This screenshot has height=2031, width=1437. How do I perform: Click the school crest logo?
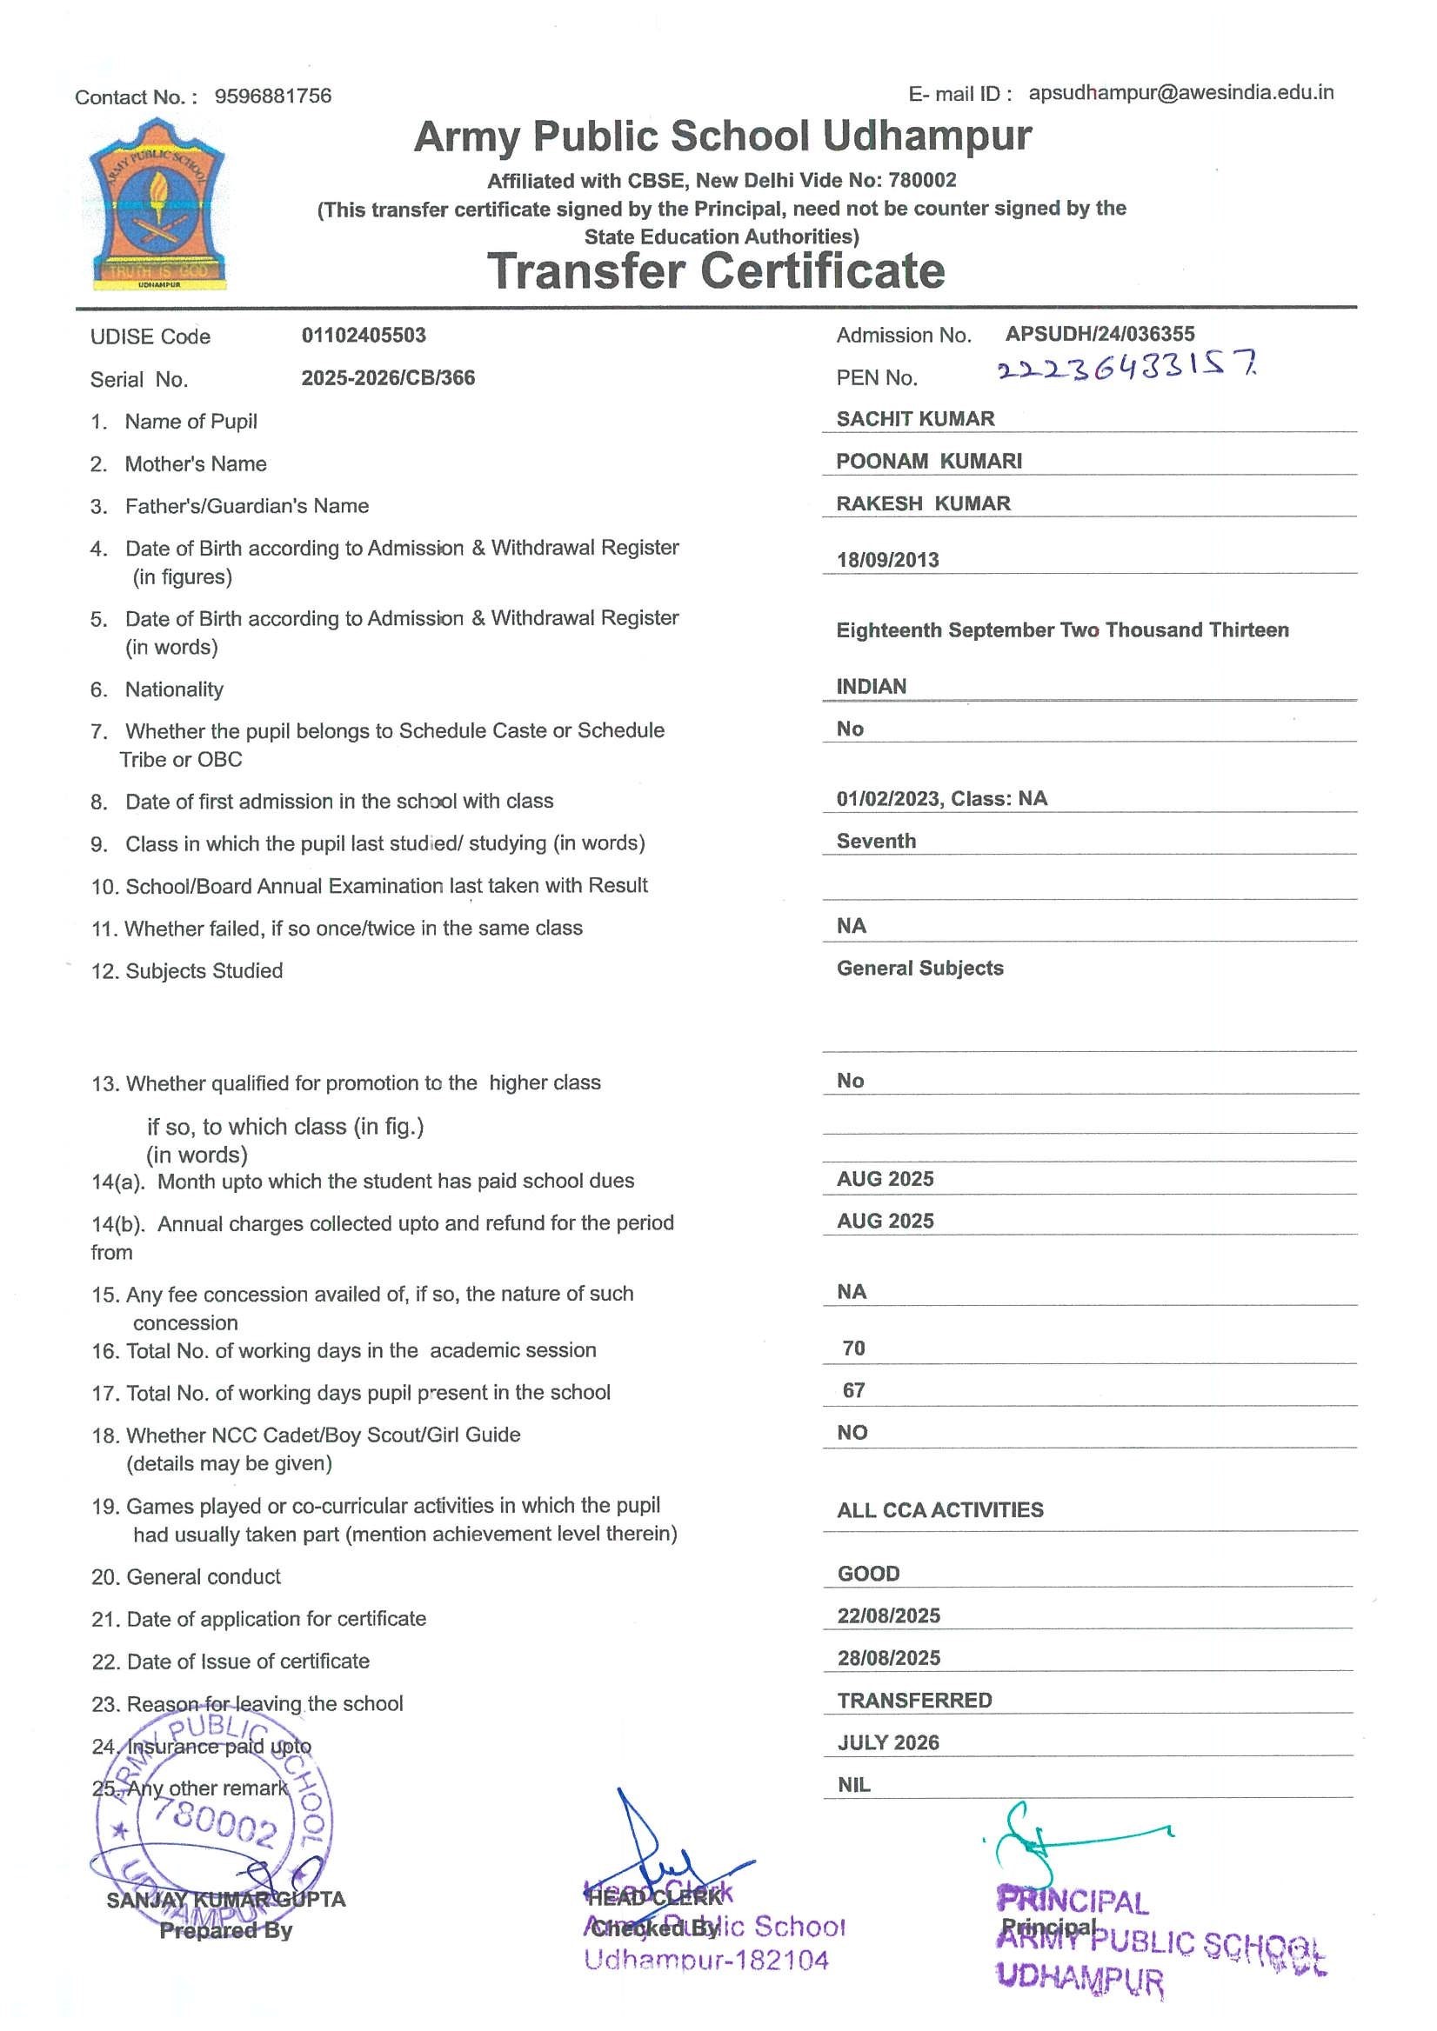pyautogui.click(x=157, y=205)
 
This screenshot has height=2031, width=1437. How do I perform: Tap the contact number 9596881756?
pyautogui.click(x=272, y=96)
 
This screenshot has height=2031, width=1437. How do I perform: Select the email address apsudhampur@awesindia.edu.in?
pyautogui.click(x=1180, y=93)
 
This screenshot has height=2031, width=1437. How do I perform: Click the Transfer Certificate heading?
pyautogui.click(x=716, y=270)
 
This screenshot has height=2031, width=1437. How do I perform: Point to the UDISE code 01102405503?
pyautogui.click(x=364, y=336)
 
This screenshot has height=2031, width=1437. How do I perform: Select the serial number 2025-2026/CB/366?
pyautogui.click(x=388, y=377)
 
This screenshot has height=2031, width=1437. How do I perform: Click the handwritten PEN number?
pyautogui.click(x=1126, y=366)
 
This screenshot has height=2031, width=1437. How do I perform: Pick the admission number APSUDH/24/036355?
pyautogui.click(x=1099, y=334)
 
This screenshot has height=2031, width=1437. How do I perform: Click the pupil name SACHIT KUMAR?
pyautogui.click(x=915, y=418)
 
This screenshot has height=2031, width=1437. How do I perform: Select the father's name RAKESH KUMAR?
pyautogui.click(x=923, y=503)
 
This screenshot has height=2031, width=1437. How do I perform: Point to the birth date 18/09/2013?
pyautogui.click(x=887, y=560)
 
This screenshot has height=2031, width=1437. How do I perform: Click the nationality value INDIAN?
pyautogui.click(x=871, y=687)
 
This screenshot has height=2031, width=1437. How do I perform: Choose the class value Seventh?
pyautogui.click(x=876, y=842)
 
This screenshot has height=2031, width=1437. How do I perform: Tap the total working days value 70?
pyautogui.click(x=853, y=1348)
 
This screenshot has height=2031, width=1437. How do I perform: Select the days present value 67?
pyautogui.click(x=853, y=1390)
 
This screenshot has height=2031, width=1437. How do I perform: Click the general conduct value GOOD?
pyautogui.click(x=868, y=1574)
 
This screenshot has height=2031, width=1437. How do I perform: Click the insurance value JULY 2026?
pyautogui.click(x=887, y=1742)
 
